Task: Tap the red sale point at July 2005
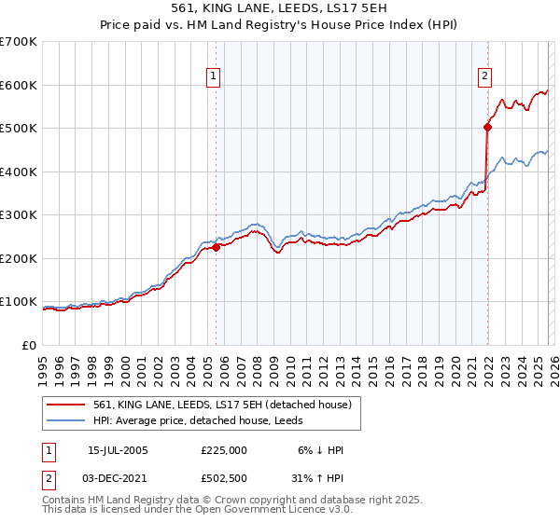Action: click(216, 248)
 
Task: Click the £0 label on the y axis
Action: click(28, 346)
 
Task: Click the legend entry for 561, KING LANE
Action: click(222, 405)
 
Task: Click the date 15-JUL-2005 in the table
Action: click(118, 450)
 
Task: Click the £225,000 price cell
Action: click(224, 450)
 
